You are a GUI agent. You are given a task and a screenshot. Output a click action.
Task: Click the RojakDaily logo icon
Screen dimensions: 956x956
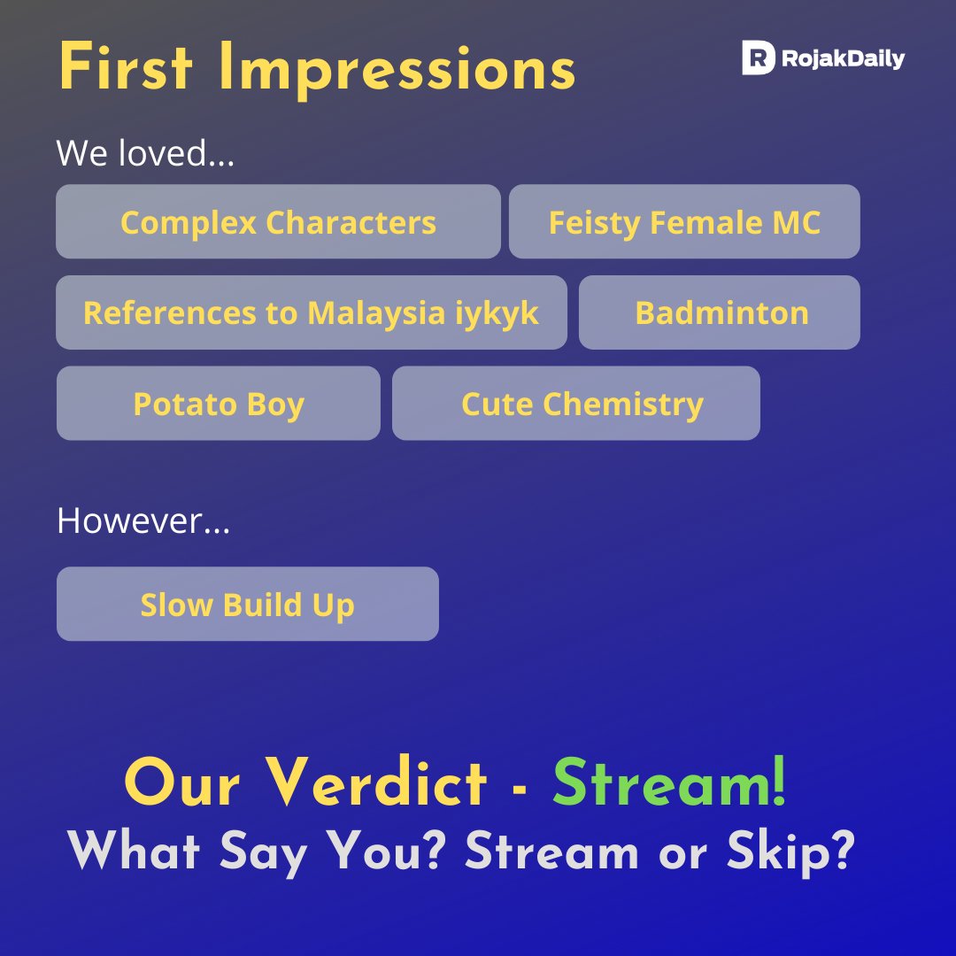(x=759, y=58)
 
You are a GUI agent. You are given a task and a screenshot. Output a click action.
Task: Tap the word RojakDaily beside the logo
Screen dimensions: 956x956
(x=842, y=59)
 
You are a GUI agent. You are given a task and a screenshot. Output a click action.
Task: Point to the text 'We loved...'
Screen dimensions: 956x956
(x=145, y=153)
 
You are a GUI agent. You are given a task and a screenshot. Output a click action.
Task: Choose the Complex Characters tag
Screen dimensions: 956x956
(x=278, y=222)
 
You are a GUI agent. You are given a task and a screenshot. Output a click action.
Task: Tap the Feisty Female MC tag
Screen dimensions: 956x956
(x=684, y=222)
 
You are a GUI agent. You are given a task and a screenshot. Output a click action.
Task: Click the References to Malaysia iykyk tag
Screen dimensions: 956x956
(x=311, y=312)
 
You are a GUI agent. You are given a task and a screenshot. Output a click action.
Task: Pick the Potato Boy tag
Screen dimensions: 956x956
(x=219, y=404)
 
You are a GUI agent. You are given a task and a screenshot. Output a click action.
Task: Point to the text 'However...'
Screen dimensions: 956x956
(x=143, y=520)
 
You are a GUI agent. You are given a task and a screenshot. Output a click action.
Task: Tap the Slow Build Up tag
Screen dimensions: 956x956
(x=247, y=605)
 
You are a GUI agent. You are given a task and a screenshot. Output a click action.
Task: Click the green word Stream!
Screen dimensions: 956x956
(x=669, y=783)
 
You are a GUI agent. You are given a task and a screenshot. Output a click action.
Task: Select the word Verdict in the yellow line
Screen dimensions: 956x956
(x=377, y=783)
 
